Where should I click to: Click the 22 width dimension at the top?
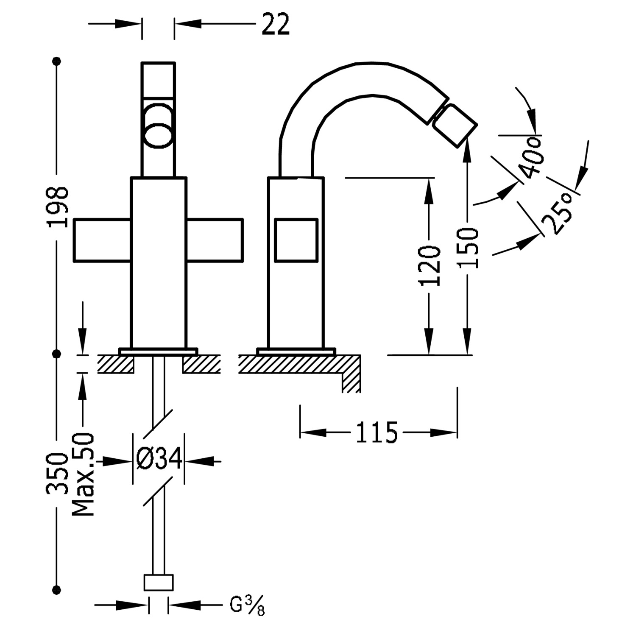coord(276,24)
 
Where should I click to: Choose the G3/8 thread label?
coord(247,605)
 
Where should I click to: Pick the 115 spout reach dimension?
coord(377,432)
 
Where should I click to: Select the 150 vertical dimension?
coord(468,248)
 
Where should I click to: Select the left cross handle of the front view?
coord(102,240)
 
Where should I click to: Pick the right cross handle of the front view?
coord(215,240)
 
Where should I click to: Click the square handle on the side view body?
coord(296,240)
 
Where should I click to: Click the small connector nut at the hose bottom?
coord(159,582)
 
